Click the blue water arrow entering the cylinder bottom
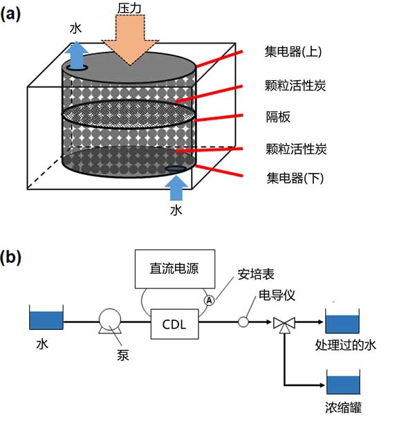click(x=177, y=185)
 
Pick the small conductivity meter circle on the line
click(x=243, y=322)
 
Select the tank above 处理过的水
click(x=343, y=323)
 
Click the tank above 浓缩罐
click(x=343, y=383)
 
